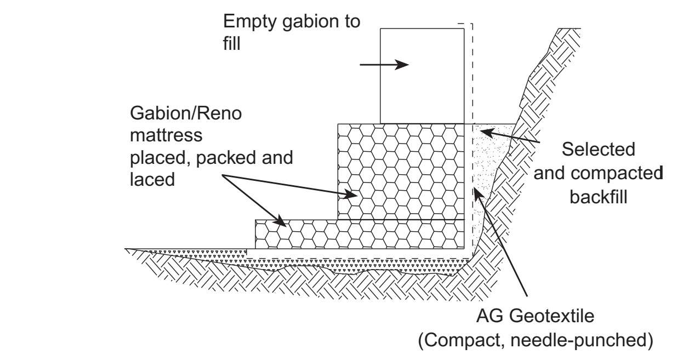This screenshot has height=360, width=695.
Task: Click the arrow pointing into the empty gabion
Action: pos(384,65)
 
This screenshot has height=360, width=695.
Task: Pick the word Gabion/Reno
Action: pos(186,114)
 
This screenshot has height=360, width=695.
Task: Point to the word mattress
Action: pos(166,135)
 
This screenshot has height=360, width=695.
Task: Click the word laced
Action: pos(152,179)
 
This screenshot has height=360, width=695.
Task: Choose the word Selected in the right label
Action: pos(599,149)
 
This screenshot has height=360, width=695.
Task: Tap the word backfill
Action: pos(599,196)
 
